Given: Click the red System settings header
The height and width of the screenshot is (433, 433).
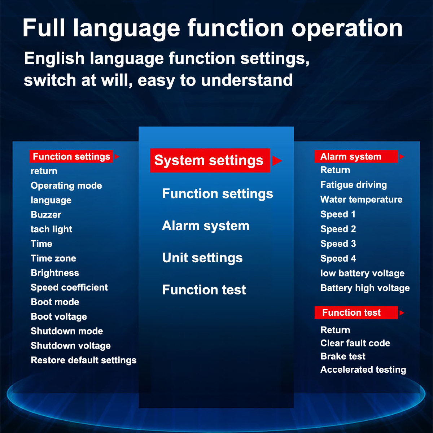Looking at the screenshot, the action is (x=210, y=161).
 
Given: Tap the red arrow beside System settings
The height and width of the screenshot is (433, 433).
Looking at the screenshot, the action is (x=277, y=161).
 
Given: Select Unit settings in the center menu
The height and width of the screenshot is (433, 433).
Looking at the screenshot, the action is (x=202, y=258).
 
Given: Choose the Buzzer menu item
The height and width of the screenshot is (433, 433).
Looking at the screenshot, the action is (x=46, y=215).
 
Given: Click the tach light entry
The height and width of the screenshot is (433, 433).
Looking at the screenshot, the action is (x=51, y=229).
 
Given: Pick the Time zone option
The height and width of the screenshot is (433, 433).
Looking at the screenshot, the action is (x=53, y=258).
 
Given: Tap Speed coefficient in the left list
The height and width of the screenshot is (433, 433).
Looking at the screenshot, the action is (x=69, y=287).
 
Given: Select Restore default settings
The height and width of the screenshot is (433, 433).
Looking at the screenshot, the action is (x=84, y=360).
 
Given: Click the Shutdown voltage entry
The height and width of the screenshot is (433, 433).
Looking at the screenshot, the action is (x=71, y=346).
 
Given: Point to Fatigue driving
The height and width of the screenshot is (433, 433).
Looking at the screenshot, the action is (x=354, y=185).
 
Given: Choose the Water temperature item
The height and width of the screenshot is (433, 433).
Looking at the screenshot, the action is (x=361, y=200).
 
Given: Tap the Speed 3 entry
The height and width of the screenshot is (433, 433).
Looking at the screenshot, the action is (x=338, y=244).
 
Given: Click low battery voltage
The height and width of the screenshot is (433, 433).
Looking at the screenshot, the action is (x=362, y=273).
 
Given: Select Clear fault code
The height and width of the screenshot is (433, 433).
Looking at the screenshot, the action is (x=355, y=343).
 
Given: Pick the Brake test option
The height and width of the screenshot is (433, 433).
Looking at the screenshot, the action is (x=343, y=357).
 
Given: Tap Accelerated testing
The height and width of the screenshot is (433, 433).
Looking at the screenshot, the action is (x=363, y=369).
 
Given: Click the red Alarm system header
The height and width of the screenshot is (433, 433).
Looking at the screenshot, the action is (x=356, y=156).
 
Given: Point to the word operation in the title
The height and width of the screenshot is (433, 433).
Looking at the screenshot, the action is (x=347, y=29).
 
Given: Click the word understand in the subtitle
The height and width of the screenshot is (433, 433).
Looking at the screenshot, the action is (x=247, y=80).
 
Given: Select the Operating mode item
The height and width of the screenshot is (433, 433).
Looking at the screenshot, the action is (x=66, y=185).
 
